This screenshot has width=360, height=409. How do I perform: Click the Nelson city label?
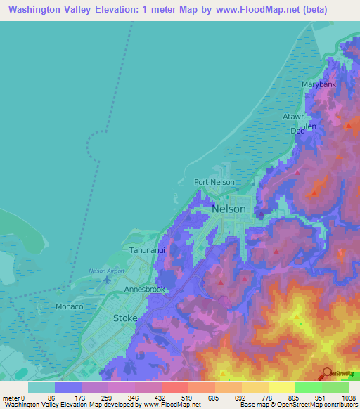pyautogui.click(x=229, y=209)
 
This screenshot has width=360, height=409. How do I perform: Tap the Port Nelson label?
pyautogui.click(x=214, y=182)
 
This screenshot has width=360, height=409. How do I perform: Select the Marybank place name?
pyautogui.click(x=316, y=84)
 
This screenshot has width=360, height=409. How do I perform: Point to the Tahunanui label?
pyautogui.click(x=147, y=249)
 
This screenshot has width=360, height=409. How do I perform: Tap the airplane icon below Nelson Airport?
pyautogui.click(x=107, y=280)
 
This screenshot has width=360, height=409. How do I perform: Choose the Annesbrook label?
pyautogui.click(x=144, y=290)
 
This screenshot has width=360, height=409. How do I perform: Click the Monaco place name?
pyautogui.click(x=70, y=307)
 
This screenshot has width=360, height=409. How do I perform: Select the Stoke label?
pyautogui.click(x=125, y=318)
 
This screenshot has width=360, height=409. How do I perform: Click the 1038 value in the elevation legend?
pyautogui.click(x=340, y=398)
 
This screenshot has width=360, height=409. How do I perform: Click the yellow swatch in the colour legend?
pyautogui.click(x=282, y=387)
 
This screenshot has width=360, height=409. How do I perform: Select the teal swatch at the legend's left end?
pyautogui.click(x=41, y=387)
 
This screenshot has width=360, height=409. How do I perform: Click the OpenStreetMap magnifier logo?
pyautogui.click(x=328, y=372)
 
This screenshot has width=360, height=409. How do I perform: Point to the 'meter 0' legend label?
pyautogui.click(x=14, y=398)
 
